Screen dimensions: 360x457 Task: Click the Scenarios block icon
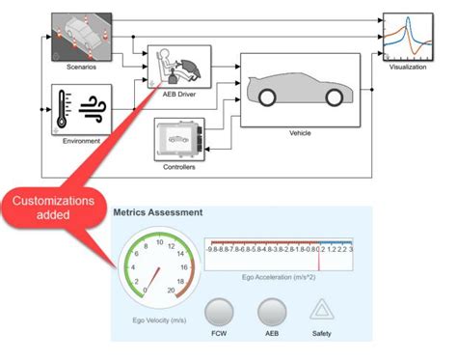coord(81,36)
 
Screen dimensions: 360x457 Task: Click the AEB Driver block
coord(179,66)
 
